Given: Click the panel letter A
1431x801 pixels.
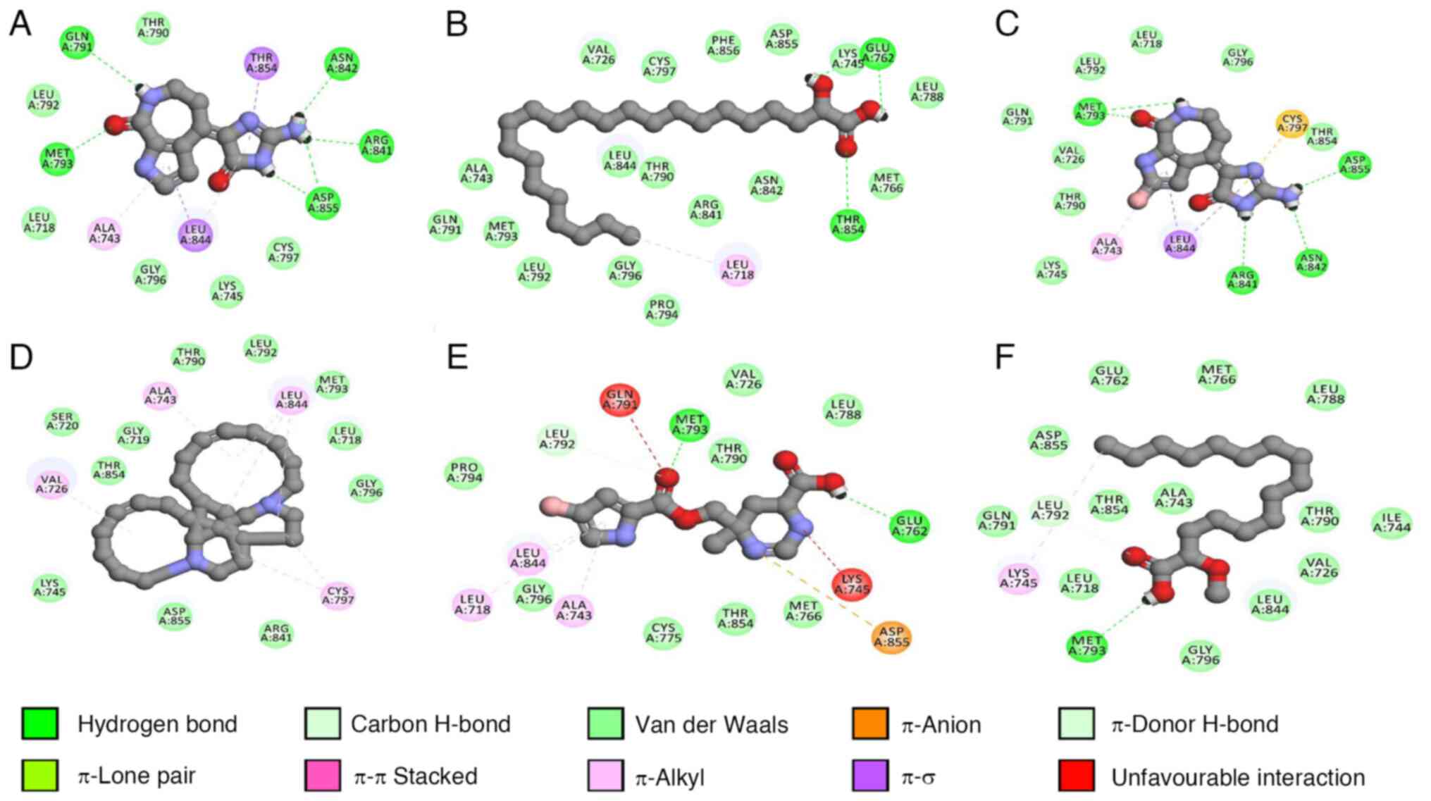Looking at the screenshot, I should (20, 24).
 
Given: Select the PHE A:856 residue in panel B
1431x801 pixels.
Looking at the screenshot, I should (723, 45).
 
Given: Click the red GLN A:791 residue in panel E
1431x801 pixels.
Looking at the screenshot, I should (620, 400).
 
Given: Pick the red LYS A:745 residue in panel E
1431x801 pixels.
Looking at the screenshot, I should (852, 585).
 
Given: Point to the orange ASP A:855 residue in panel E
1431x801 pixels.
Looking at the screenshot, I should (891, 636).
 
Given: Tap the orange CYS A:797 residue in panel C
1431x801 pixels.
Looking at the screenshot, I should (1291, 124).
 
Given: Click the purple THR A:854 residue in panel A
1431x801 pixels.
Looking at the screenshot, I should (261, 63).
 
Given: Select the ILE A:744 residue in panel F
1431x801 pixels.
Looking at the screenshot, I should (1392, 523).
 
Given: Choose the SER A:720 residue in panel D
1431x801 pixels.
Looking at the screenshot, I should (62, 421).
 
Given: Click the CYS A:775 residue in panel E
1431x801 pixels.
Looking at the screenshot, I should (663, 632).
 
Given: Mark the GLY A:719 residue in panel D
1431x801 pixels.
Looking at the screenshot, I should (133, 435).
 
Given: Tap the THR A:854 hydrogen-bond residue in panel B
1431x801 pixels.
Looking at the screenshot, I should (848, 225).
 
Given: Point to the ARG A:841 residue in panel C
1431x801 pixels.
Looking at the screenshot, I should (1242, 279).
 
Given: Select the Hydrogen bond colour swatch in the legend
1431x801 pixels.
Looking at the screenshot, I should (40, 724).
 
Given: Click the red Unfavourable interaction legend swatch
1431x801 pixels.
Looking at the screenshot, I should (1076, 776).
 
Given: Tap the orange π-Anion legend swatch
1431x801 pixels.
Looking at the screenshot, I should (869, 724).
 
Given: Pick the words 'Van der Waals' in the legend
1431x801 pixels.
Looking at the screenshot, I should (711, 725).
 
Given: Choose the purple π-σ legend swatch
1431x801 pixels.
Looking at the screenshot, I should (869, 776).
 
